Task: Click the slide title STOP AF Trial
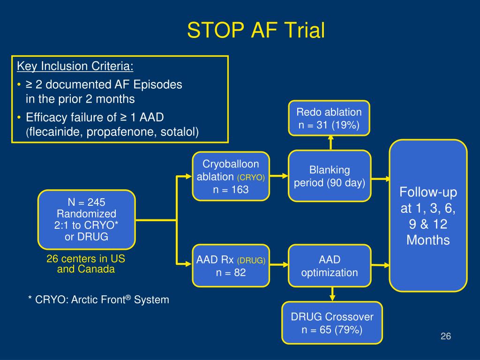point(256,31)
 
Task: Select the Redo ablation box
point(330,119)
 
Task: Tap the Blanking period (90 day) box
point(330,176)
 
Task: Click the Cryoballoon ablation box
point(231,177)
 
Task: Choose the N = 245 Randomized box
point(86,219)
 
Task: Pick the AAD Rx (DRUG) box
point(231,266)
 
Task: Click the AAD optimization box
point(330,266)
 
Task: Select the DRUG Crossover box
point(332,323)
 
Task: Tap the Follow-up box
point(428,216)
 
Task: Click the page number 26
point(445,336)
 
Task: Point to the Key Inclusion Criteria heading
point(75,66)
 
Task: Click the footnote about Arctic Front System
point(98,300)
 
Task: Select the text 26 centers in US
point(86,259)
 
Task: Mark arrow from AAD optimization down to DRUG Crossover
point(332,294)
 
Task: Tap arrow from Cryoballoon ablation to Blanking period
point(279,176)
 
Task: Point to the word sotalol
point(180,132)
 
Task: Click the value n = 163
point(231,190)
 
